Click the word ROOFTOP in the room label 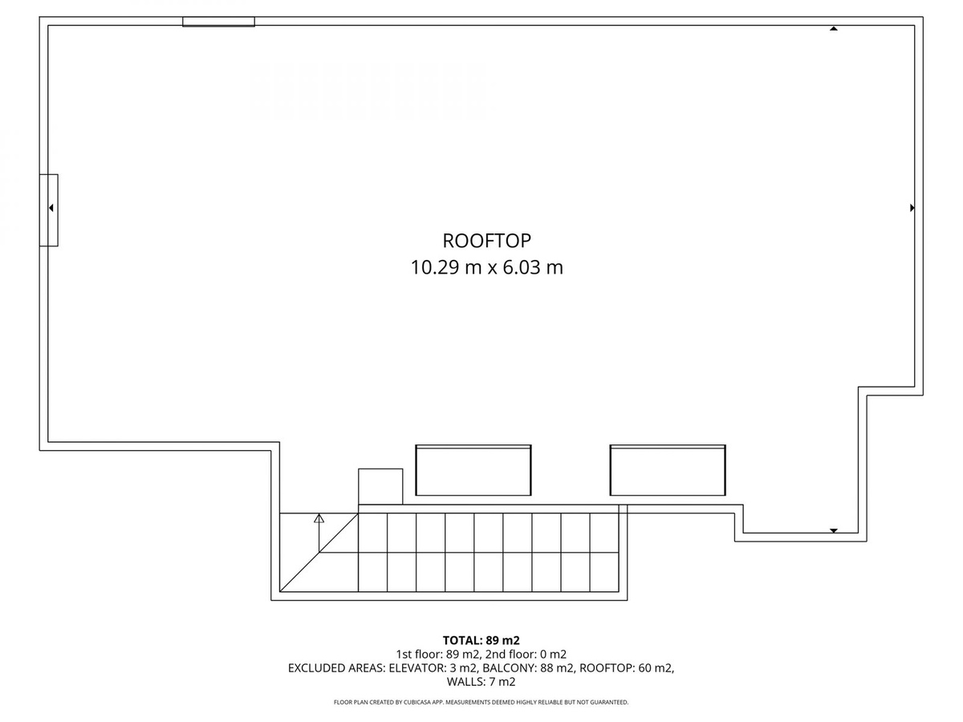click(486, 240)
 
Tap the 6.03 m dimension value click(534, 267)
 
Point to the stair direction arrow click(319, 520)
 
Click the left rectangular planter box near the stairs click(473, 470)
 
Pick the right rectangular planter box click(667, 470)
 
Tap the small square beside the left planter click(380, 486)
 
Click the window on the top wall click(218, 22)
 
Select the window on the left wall click(49, 209)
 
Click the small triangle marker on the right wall click(912, 208)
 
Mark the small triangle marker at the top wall click(834, 29)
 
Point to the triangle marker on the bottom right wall click(834, 530)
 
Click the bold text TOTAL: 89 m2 click(481, 640)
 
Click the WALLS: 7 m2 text click(481, 682)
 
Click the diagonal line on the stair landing click(318, 553)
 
